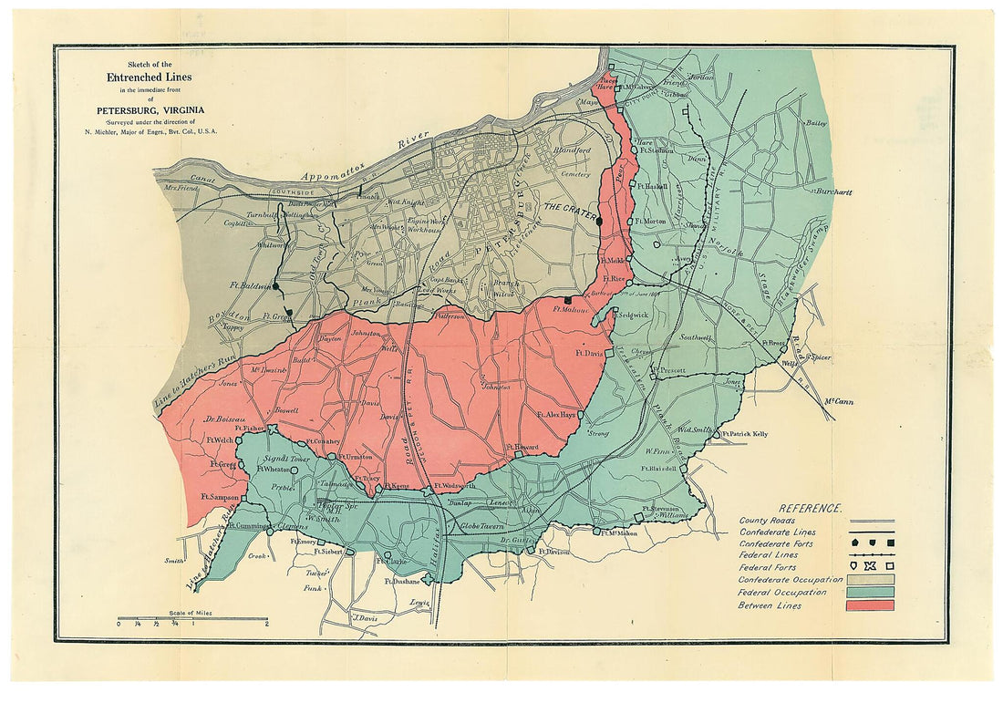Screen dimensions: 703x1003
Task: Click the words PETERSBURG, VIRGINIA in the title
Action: (151, 111)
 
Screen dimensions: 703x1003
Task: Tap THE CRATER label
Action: (569, 208)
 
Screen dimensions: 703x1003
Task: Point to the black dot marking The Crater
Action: (601, 220)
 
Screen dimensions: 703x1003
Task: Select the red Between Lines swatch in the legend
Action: (871, 605)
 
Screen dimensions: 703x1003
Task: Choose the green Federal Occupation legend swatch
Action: (871, 592)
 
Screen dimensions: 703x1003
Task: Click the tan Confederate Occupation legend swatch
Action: (871, 579)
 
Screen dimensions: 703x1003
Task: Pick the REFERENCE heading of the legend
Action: (811, 508)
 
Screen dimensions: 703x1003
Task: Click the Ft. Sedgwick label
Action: (629, 315)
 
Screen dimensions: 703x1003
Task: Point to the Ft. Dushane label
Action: (401, 581)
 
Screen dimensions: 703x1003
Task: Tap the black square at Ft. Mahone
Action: (568, 299)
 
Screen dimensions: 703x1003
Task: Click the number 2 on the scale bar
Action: (266, 625)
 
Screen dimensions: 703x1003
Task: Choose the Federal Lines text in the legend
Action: (769, 553)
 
